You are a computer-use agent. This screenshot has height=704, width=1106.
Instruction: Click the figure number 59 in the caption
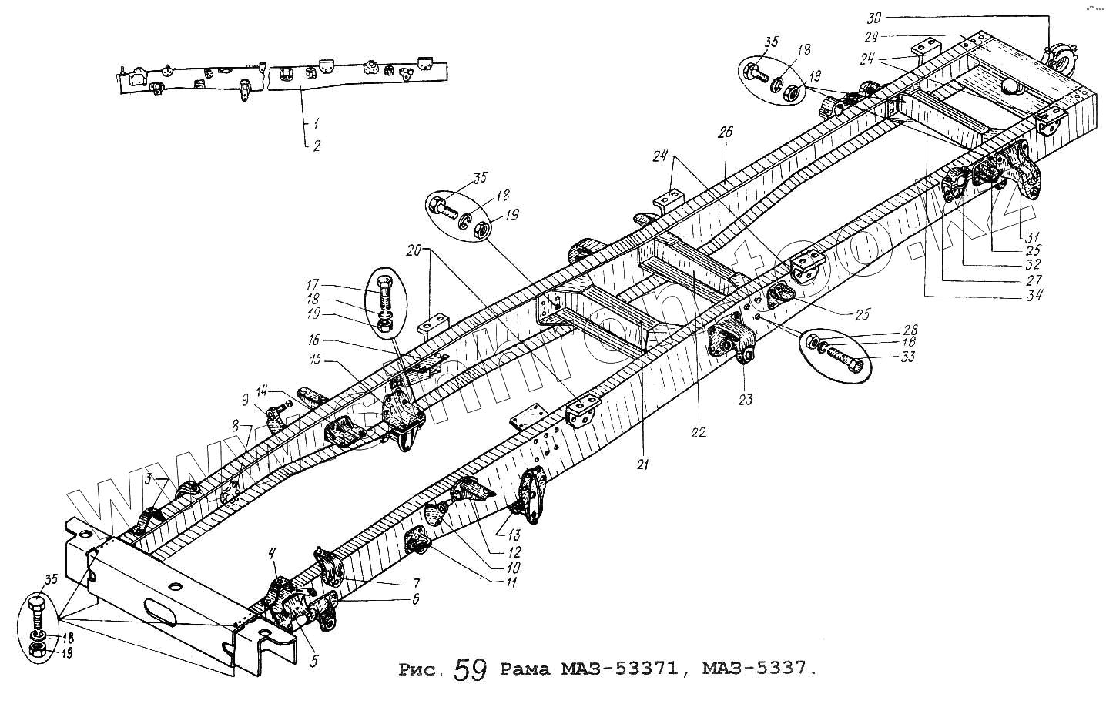coord(470,669)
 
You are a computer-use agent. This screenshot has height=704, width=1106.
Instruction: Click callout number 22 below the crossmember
coord(698,433)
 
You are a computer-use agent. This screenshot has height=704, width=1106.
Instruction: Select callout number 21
coord(643,464)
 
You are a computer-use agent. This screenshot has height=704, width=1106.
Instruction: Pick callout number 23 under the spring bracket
coord(745,400)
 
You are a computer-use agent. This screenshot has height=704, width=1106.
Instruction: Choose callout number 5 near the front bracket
coord(314,660)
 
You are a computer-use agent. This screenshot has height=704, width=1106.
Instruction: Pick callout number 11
coord(511,582)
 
